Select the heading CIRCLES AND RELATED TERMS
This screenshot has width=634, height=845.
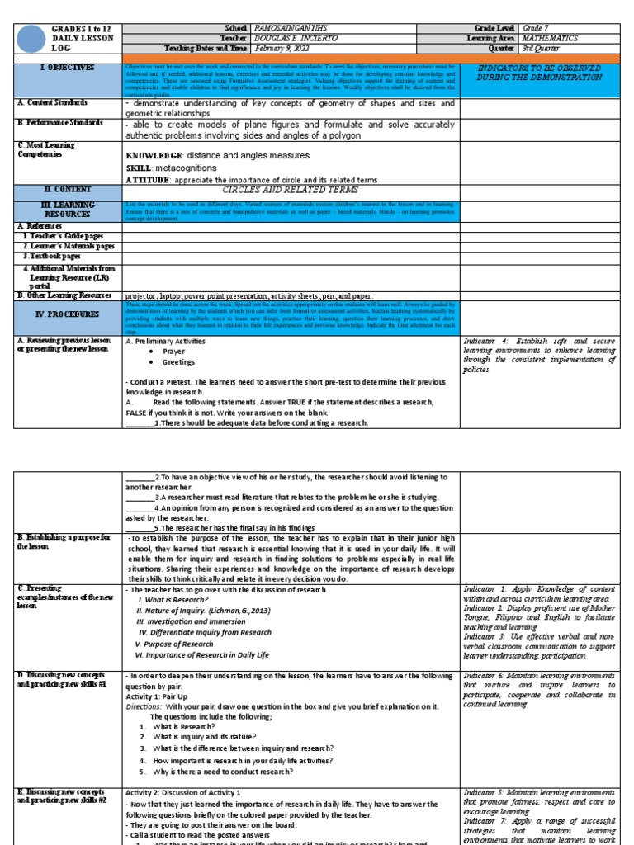[x=291, y=189]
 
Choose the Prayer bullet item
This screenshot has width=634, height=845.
[x=173, y=351]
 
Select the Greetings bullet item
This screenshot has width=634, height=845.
[x=179, y=361]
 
